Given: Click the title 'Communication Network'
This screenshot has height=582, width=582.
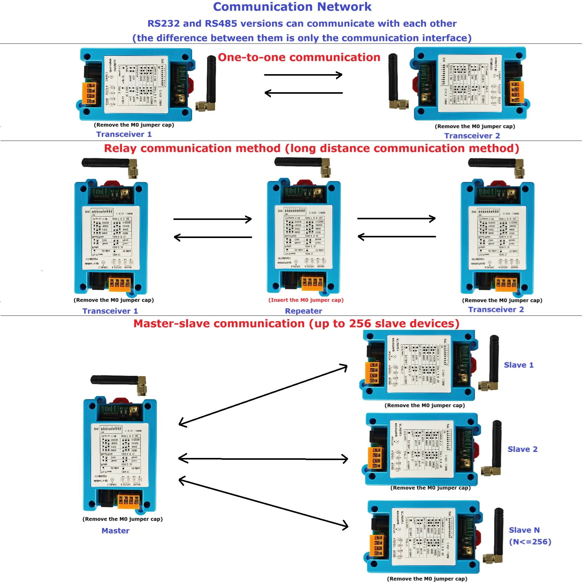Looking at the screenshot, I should [x=292, y=7].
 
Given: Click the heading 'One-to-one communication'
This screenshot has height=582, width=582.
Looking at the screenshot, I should [x=299, y=57].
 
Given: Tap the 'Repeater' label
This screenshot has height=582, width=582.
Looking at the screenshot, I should [x=303, y=311].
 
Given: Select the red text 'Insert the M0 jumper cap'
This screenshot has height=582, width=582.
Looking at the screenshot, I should [x=306, y=300].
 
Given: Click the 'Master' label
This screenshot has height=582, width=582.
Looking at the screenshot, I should [x=115, y=531].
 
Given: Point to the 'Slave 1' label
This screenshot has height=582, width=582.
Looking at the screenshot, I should [x=519, y=365].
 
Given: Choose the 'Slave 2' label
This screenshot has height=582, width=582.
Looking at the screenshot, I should [x=522, y=449].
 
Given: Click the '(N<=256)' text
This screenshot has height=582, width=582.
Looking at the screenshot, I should [x=530, y=542].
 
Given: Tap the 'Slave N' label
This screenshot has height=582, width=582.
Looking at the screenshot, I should [x=524, y=530].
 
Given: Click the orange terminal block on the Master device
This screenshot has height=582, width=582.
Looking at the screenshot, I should [x=129, y=500].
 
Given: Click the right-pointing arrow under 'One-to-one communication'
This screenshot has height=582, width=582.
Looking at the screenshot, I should [x=303, y=75].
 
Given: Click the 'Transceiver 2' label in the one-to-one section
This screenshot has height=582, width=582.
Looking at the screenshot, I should [x=472, y=136].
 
